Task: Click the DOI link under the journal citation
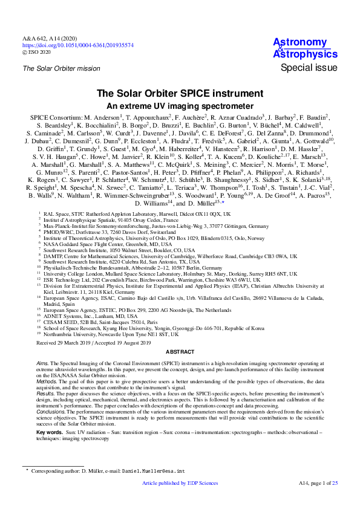(x=78, y=45)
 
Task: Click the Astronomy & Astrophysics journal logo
(x=301, y=48)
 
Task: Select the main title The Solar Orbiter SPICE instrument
(x=180, y=94)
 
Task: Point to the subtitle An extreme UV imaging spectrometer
(x=180, y=105)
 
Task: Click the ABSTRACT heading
(x=180, y=352)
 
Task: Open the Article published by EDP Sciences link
(x=179, y=501)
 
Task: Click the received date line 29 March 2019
(x=94, y=342)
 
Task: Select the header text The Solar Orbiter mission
(x=62, y=68)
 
